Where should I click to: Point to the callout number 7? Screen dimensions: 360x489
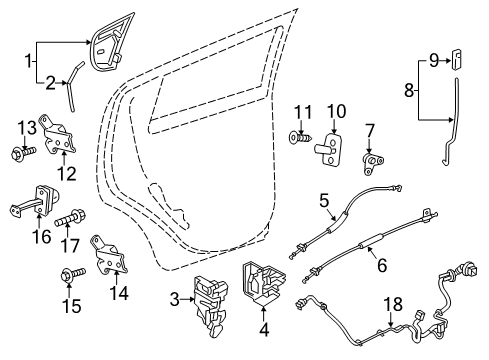point(369,130)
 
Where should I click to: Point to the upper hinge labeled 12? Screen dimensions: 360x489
point(62,133)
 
